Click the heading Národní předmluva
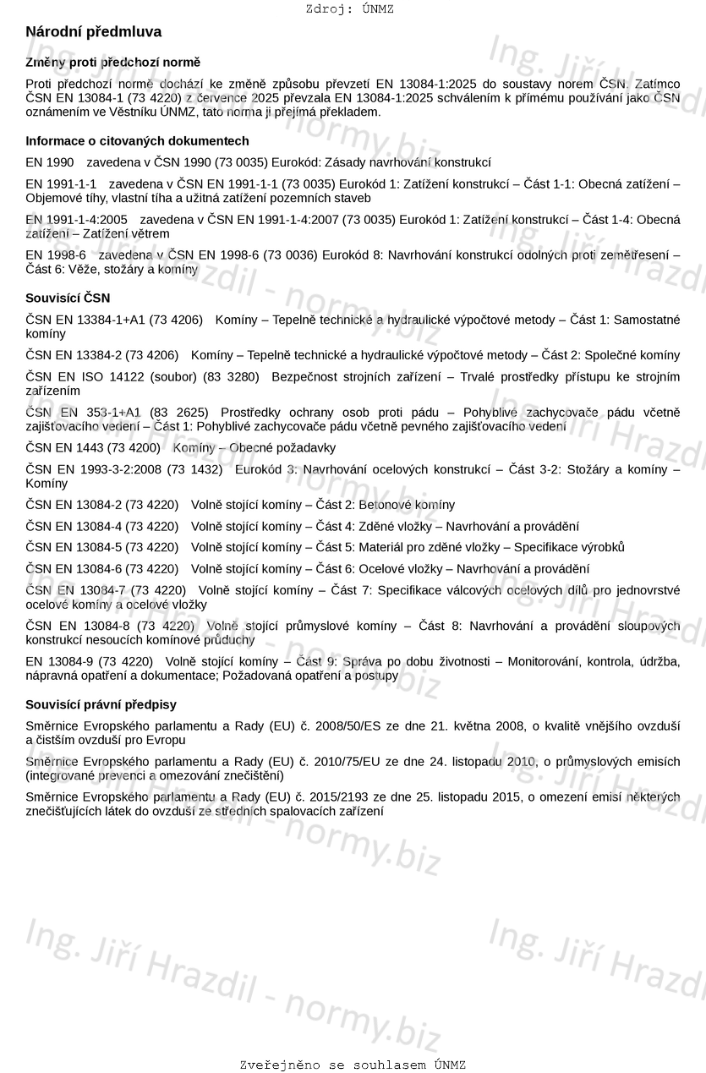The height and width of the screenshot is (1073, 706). pyautogui.click(x=93, y=32)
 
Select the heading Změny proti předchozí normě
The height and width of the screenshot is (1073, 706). pyautogui.click(x=112, y=63)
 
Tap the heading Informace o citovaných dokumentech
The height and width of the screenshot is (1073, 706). pyautogui.click(x=137, y=141)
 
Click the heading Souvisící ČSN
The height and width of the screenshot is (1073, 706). pyautogui.click(x=68, y=298)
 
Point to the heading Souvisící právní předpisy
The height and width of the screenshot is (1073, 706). pyautogui.click(x=101, y=704)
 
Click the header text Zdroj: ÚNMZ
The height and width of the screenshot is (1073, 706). pyautogui.click(x=349, y=9)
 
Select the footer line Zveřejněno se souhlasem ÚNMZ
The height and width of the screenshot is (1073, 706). pyautogui.click(x=353, y=1065)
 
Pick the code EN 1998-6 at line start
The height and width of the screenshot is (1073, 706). pyautogui.click(x=56, y=255)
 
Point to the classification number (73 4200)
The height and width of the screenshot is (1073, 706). pyautogui.click(x=132, y=448)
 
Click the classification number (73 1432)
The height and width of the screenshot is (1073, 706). pyautogui.click(x=194, y=469)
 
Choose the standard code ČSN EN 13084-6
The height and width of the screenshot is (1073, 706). pyautogui.click(x=74, y=569)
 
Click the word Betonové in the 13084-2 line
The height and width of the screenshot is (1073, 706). pyautogui.click(x=407, y=505)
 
